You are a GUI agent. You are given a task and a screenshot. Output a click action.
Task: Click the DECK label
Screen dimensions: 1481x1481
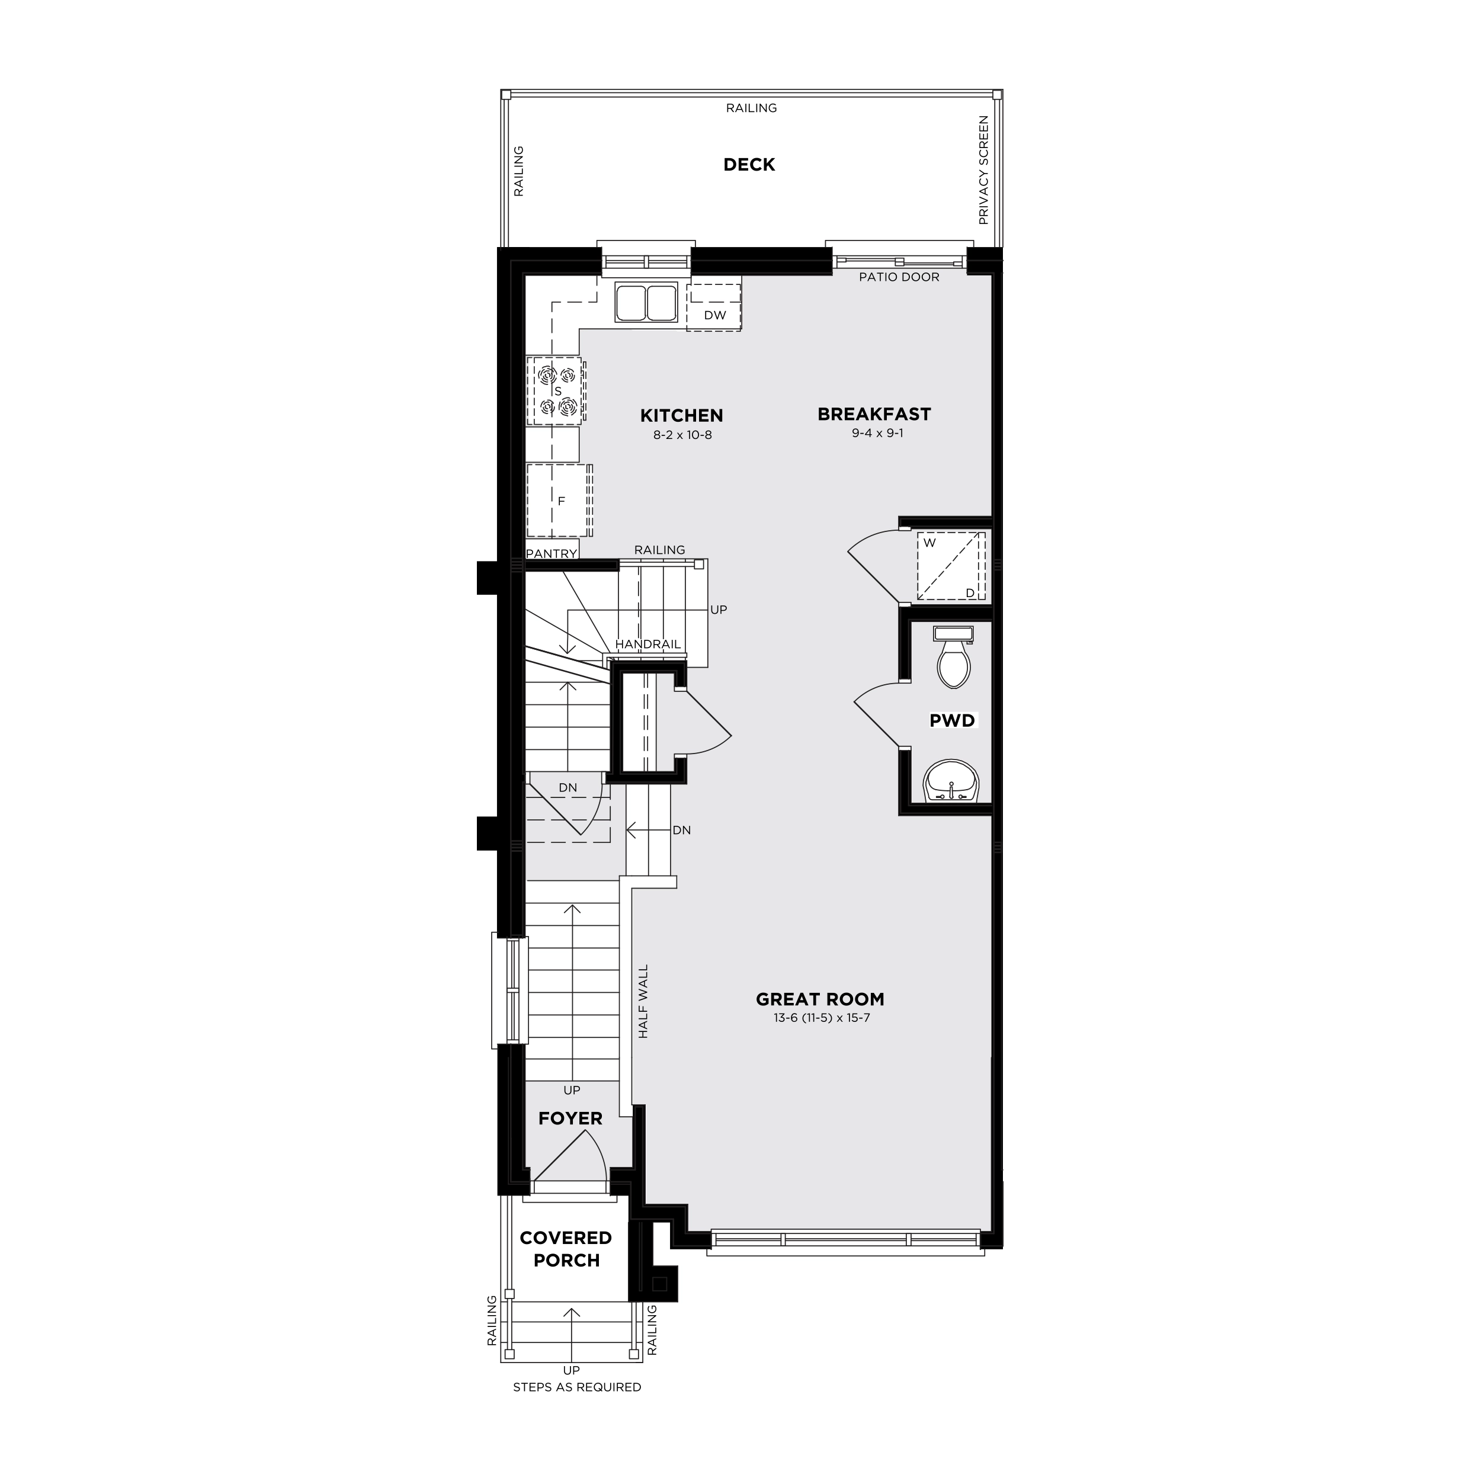click(x=749, y=165)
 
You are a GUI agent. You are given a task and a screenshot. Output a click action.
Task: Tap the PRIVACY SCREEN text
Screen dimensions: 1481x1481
click(x=983, y=170)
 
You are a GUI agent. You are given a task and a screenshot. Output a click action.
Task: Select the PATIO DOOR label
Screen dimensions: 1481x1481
click(x=899, y=277)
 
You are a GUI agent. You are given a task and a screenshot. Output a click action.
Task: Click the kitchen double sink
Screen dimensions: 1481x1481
click(x=647, y=302)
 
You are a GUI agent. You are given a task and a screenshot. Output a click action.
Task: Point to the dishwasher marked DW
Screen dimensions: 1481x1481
click(x=714, y=307)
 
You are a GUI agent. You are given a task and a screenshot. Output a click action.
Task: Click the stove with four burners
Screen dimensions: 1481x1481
click(x=556, y=390)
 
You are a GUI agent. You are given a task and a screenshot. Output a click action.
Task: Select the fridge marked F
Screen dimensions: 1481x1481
click(x=560, y=501)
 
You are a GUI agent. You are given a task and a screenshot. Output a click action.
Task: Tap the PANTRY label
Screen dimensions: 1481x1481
click(x=551, y=553)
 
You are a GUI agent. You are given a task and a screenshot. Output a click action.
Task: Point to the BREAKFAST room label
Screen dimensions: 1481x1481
click(x=874, y=415)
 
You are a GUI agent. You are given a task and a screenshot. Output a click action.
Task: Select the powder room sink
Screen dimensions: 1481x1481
click(x=951, y=782)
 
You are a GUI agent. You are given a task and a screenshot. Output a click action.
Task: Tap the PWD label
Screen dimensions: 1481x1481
click(x=952, y=720)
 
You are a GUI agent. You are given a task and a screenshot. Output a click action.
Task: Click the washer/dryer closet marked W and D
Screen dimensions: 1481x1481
click(x=951, y=565)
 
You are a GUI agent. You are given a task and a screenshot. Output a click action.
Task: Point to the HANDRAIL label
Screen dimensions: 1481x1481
click(x=647, y=645)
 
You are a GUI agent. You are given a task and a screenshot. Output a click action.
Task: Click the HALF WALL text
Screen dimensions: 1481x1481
click(x=643, y=1002)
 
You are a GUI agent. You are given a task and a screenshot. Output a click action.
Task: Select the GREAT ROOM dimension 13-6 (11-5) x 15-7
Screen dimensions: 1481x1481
click(x=822, y=1018)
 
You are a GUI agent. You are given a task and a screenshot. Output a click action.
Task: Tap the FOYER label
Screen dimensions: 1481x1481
click(x=570, y=1118)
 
